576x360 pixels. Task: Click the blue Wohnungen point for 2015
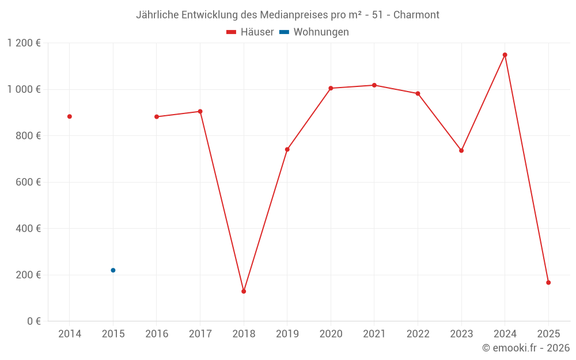point(113,270)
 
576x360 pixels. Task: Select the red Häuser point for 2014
point(70,116)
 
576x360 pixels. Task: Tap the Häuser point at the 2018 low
point(244,291)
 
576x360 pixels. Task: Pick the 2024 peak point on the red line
point(505,55)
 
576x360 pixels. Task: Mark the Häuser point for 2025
point(548,283)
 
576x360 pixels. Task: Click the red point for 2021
point(374,85)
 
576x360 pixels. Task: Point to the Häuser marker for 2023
point(461,150)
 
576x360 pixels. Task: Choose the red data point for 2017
point(200,111)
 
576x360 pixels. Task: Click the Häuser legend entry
point(250,32)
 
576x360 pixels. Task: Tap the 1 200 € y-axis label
point(24,43)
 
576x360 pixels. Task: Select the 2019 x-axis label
point(287,334)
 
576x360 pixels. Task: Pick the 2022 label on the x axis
point(418,334)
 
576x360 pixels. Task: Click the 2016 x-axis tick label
point(157,334)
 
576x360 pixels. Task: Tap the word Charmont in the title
point(416,15)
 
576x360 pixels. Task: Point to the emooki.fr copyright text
point(526,348)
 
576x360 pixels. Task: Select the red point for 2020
point(331,88)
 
